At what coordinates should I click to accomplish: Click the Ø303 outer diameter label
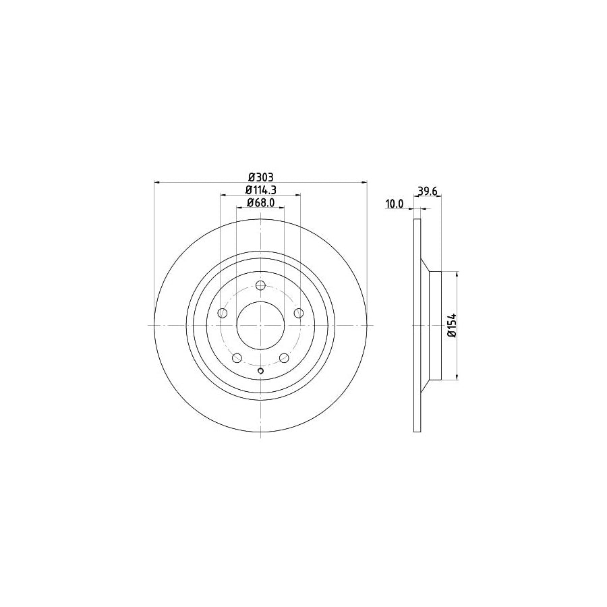260,177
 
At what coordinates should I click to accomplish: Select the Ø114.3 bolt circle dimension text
260,190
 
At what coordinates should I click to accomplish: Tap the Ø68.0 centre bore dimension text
260,202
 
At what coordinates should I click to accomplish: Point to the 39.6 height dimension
428,191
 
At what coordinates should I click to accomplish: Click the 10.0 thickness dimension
394,203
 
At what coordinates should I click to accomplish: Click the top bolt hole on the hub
260,285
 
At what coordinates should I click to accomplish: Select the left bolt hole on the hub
222,312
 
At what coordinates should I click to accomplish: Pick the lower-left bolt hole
237,357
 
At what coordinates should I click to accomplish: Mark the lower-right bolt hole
284,357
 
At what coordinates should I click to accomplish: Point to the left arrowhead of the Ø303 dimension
158,182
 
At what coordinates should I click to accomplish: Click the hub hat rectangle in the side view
435,325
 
